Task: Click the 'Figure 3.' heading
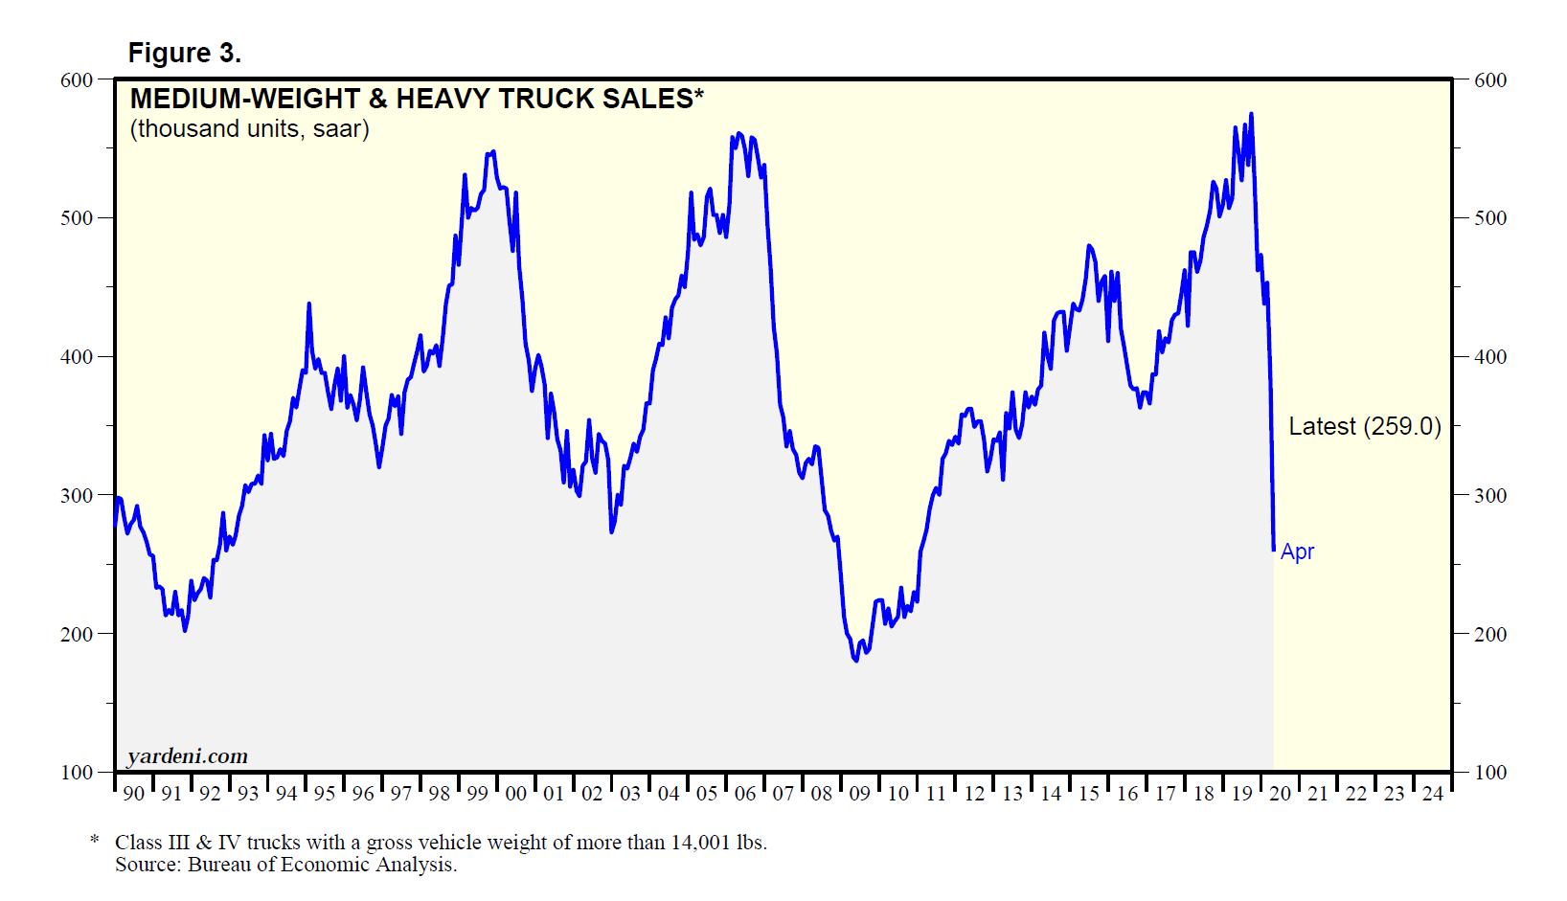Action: click(184, 54)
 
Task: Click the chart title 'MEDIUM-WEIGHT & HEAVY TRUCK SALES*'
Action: click(417, 99)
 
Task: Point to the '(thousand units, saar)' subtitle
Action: click(250, 129)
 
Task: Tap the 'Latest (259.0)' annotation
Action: click(1364, 426)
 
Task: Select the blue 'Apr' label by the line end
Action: click(1297, 552)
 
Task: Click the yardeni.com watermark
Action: click(188, 756)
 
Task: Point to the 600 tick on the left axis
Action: click(77, 80)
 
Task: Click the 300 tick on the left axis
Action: click(77, 496)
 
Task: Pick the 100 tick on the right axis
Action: click(1490, 773)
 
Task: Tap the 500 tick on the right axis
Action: click(1490, 218)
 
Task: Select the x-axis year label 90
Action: click(134, 794)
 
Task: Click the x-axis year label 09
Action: click(859, 794)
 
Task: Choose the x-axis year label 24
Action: click(1432, 794)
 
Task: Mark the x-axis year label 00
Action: click(515, 794)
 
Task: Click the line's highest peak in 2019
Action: click(1251, 115)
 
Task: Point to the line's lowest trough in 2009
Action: click(855, 660)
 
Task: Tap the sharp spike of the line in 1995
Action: click(308, 304)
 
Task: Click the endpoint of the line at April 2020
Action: click(1273, 550)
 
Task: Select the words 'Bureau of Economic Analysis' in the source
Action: click(321, 865)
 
